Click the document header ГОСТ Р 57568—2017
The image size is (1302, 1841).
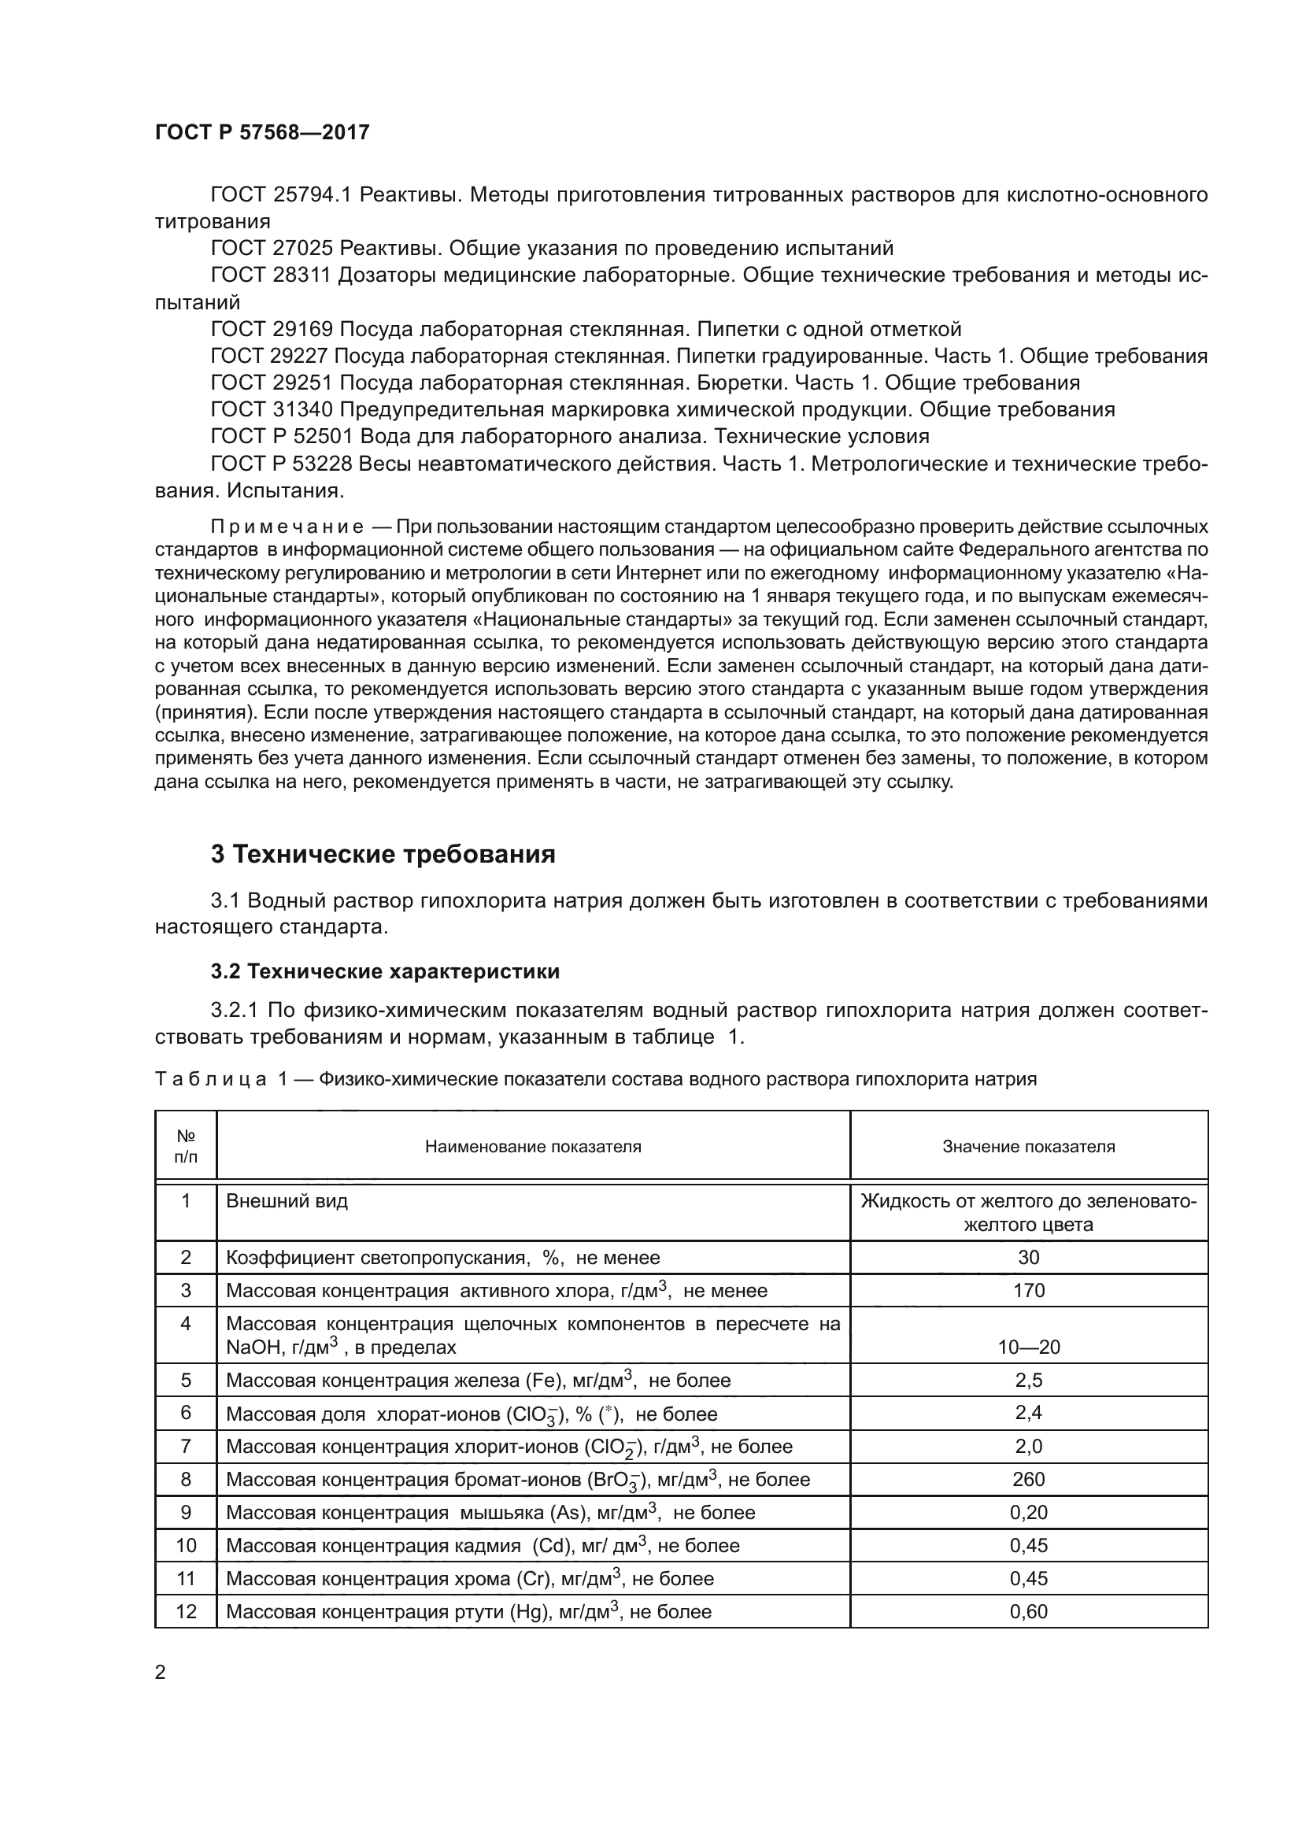(262, 132)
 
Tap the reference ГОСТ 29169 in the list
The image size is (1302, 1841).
(272, 330)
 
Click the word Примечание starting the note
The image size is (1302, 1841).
(287, 527)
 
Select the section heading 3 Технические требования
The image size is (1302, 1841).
(383, 855)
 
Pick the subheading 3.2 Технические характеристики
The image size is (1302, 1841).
(385, 972)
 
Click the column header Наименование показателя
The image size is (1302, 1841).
(532, 1147)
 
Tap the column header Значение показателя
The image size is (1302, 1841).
(1028, 1147)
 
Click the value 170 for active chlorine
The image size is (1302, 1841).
(1028, 1291)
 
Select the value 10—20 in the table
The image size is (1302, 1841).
(1028, 1347)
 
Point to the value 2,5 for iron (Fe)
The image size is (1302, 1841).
(1028, 1380)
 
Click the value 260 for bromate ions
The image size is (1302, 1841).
(1028, 1480)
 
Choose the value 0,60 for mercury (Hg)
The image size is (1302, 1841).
(1028, 1612)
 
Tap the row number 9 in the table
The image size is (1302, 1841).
(186, 1512)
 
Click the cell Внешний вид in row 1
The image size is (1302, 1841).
(287, 1201)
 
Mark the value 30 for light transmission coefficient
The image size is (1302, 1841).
(1028, 1257)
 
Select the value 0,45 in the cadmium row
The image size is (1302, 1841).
(1028, 1545)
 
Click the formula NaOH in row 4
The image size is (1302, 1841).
(251, 1347)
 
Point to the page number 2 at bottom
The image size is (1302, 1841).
(161, 1673)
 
